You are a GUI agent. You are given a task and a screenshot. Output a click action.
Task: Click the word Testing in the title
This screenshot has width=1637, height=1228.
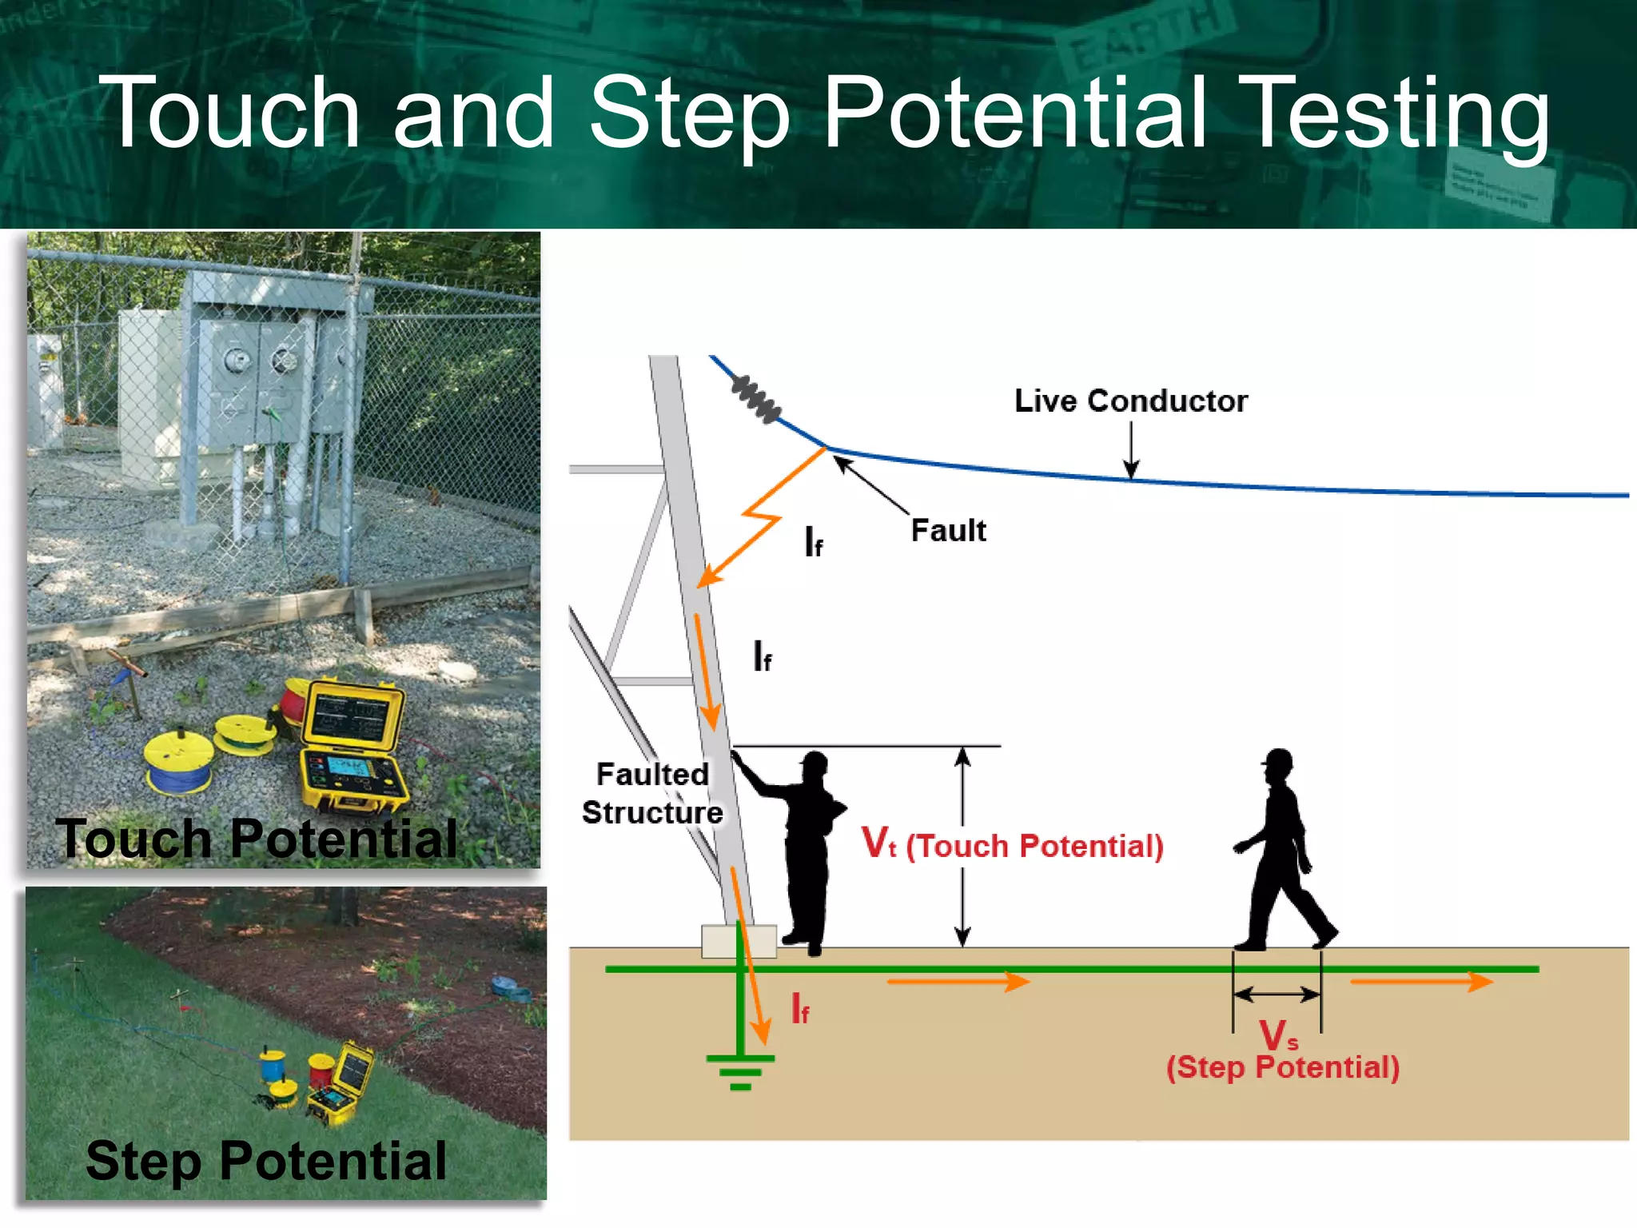(x=1397, y=114)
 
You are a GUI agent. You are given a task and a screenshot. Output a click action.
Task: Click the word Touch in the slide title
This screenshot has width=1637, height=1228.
(x=232, y=114)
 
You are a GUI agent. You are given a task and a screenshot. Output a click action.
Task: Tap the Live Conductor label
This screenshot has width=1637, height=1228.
(x=1130, y=401)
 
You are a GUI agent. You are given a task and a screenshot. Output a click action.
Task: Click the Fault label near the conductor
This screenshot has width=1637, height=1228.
(x=948, y=531)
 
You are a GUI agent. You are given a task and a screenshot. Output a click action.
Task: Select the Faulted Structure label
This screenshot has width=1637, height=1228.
(x=652, y=793)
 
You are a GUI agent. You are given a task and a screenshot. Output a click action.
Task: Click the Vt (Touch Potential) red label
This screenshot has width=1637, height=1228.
(x=1012, y=845)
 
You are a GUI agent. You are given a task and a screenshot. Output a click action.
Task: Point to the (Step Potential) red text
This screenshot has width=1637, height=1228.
(x=1282, y=1067)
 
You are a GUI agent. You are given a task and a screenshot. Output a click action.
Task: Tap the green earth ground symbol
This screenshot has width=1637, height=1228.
(x=740, y=1067)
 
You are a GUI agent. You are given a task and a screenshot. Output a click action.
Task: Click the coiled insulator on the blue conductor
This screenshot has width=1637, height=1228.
(x=755, y=398)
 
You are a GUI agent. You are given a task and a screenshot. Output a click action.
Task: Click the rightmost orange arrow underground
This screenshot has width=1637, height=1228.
(x=1421, y=982)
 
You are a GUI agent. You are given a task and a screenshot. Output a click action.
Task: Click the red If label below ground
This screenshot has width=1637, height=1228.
(x=800, y=1009)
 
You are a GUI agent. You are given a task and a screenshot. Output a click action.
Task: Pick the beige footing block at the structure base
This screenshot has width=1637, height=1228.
(x=739, y=941)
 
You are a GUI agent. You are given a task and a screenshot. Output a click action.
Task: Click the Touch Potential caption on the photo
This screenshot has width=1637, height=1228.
(x=256, y=839)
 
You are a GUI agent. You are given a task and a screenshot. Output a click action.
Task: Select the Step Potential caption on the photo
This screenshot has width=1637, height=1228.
(x=265, y=1161)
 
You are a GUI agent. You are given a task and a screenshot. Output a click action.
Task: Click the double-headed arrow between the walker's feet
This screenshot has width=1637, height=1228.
(x=1277, y=995)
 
